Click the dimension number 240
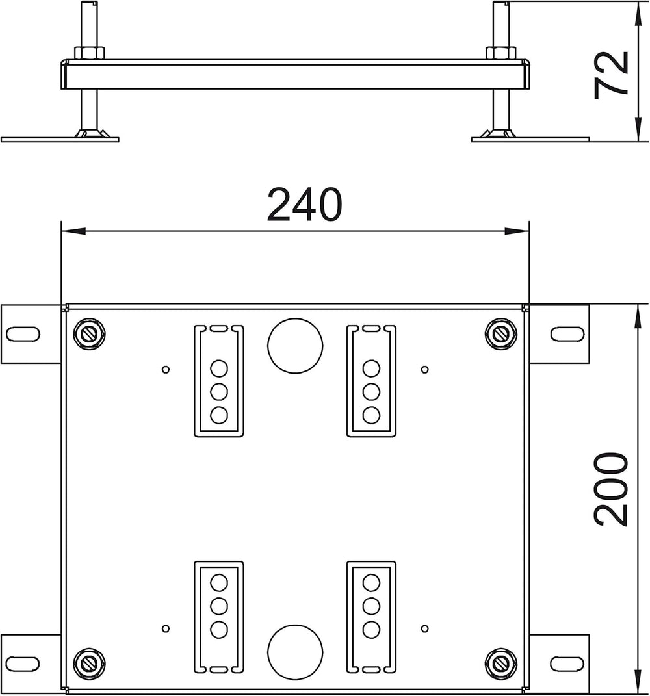click(305, 205)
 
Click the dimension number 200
click(612, 489)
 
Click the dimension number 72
click(612, 73)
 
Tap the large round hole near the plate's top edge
click(295, 345)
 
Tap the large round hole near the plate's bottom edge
click(295, 652)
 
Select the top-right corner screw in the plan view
click(501, 333)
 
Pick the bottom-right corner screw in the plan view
click(501, 664)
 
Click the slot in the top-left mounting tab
click(23, 334)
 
